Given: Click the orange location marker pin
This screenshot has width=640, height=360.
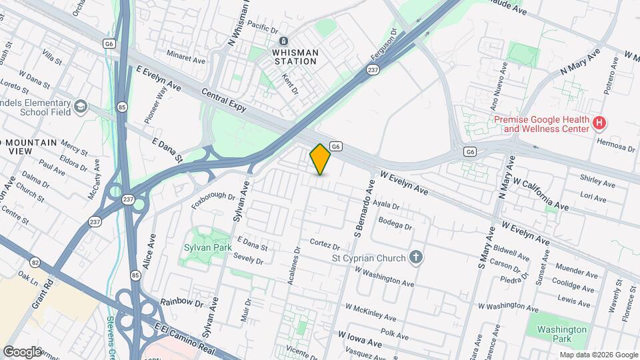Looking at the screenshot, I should click(x=320, y=159).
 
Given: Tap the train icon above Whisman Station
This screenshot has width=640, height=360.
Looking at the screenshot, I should click(x=284, y=41).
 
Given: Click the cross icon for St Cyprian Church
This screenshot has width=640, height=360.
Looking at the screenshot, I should click(x=416, y=257).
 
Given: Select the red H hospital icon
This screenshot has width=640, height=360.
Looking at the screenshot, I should click(x=599, y=123).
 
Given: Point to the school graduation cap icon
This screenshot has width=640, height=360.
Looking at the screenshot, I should click(x=81, y=107).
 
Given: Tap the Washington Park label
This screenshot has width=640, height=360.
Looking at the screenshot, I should click(x=562, y=334).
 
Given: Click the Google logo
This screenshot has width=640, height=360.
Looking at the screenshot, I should click(x=22, y=351).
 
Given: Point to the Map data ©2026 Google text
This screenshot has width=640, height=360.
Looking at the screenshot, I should click(x=598, y=355).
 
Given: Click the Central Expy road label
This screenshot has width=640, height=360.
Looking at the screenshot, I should click(x=224, y=101).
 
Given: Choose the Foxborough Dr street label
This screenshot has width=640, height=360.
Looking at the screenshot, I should click(x=213, y=197).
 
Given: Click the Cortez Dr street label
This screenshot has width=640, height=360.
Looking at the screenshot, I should click(x=325, y=244).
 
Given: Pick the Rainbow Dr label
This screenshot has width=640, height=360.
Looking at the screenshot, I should click(x=181, y=303).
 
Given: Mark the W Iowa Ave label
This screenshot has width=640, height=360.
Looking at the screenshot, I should click(x=360, y=338).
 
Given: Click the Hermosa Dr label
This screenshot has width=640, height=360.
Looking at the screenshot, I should click(x=616, y=146).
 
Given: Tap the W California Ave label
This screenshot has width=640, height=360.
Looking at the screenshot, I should click(x=541, y=194).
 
